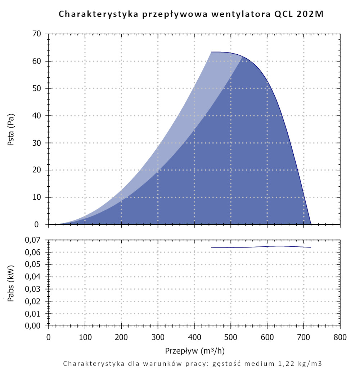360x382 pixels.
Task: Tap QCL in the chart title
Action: pos(285,14)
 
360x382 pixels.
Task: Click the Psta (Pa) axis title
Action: pos(11,129)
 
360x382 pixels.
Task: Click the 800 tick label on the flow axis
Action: pos(340,337)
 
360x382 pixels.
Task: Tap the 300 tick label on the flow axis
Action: pos(158,337)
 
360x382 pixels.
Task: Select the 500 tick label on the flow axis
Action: pos(231,337)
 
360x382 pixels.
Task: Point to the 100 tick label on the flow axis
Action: pos(85,337)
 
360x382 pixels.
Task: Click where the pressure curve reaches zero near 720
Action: pos(311,224)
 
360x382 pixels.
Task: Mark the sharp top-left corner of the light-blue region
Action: pos(211,52)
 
